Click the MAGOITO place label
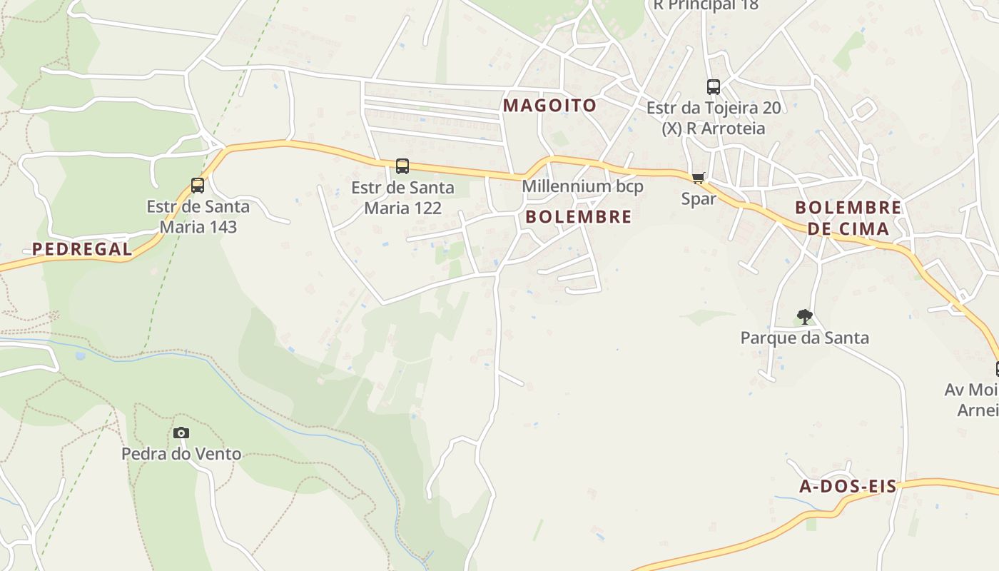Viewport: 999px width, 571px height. pos(549,106)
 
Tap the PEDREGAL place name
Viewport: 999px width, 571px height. pos(82,249)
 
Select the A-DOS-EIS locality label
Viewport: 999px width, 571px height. pos(848,487)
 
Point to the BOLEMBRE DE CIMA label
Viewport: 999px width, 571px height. pos(848,218)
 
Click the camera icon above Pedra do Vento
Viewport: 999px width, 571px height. pos(181,433)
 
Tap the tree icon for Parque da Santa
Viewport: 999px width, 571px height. pos(804,316)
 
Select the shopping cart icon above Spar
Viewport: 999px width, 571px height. pos(698,178)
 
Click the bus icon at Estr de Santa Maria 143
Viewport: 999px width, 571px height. pos(198,186)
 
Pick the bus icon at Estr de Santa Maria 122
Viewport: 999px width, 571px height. pos(402,166)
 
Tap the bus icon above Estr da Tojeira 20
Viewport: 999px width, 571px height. pos(713,87)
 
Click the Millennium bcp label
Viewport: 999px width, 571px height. pos(582,186)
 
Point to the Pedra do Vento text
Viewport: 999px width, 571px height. pos(181,454)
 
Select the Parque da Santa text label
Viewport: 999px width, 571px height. pos(804,338)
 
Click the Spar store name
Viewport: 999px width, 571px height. pos(698,199)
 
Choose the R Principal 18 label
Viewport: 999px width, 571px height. pos(706,6)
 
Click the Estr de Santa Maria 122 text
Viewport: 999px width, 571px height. pos(402,198)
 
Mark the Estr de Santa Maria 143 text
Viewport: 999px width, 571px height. pos(198,217)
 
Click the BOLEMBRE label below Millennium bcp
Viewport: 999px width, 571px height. pos(578,217)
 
